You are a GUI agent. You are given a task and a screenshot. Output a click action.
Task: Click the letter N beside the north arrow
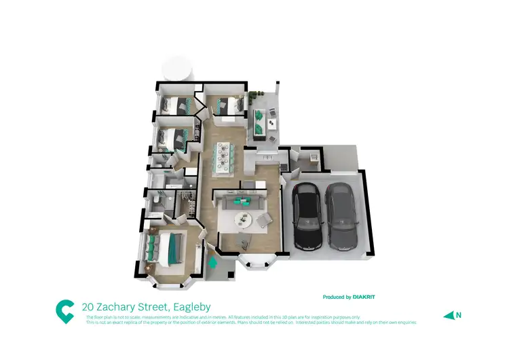click(459, 314)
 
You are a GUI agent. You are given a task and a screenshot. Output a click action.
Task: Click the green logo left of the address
click(64, 310)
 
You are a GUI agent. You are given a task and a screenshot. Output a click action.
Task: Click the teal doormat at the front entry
click(213, 262)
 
